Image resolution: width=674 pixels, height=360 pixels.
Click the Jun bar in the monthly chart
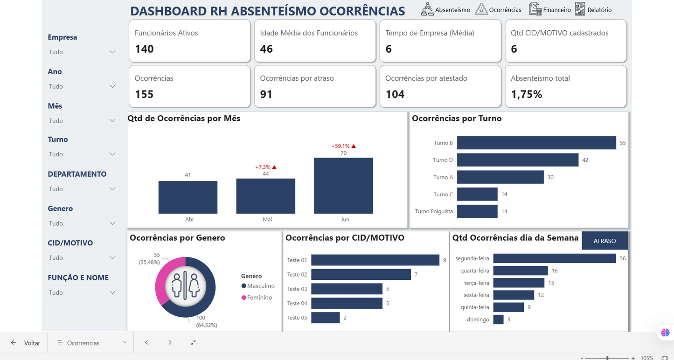click(343, 186)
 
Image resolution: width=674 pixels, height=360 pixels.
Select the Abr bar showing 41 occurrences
click(188, 197)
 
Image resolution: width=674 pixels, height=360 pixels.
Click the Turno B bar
click(536, 143)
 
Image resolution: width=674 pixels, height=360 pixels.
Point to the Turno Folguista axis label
click(434, 211)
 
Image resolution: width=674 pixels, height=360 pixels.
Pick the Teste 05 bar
click(325, 318)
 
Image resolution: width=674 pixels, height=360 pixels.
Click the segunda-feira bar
click(554, 258)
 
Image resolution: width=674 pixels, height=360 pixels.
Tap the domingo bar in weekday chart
click(498, 319)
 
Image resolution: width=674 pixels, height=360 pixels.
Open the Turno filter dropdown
click(82, 154)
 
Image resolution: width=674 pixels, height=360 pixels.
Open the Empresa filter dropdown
click(82, 52)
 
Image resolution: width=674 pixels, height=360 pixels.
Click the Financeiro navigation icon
click(535, 9)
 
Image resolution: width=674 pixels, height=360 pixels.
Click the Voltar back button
click(26, 343)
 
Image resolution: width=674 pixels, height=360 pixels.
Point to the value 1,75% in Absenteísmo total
click(526, 94)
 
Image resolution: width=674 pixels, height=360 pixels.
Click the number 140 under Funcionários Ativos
click(144, 49)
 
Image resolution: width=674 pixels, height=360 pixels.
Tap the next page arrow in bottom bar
click(170, 343)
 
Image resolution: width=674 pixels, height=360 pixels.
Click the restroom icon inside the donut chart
click(185, 286)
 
